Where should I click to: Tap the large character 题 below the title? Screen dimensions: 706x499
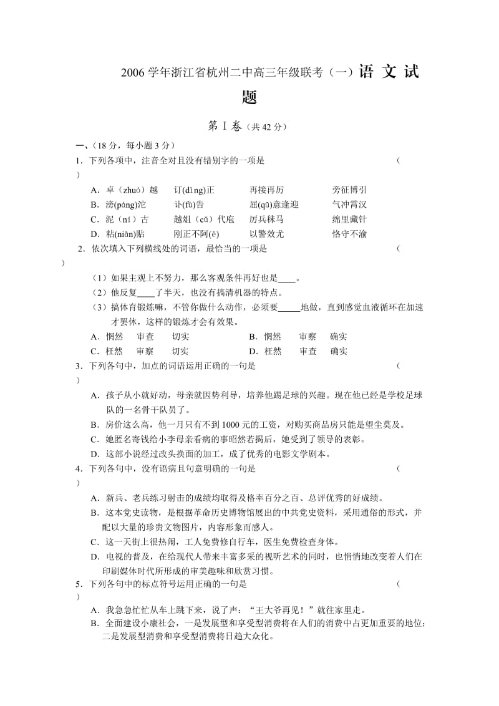(x=249, y=99)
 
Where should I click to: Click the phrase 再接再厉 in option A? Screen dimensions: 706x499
(x=266, y=190)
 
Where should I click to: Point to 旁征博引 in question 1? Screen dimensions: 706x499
(x=349, y=190)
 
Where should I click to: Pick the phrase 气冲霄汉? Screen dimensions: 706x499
(x=349, y=205)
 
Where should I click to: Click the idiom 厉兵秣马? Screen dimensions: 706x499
(x=266, y=220)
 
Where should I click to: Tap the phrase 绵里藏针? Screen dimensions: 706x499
(x=349, y=220)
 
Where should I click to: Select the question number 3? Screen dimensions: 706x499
(x=79, y=366)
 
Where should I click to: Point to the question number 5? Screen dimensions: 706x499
(x=79, y=585)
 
